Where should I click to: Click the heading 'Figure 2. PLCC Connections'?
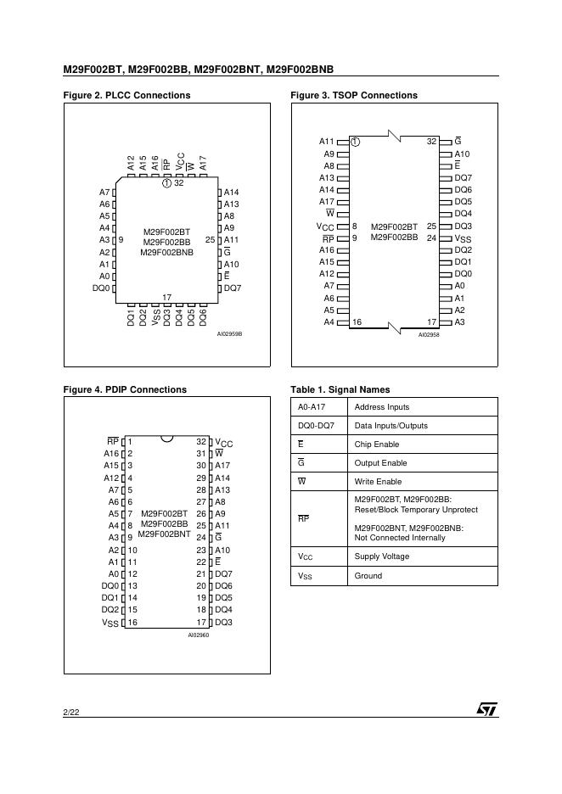tap(126, 95)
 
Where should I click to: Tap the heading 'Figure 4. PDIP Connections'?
tap(125, 389)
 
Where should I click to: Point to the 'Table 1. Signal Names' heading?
tap(340, 389)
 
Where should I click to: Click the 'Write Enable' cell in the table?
tap(378, 482)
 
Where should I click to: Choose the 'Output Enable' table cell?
tap(379, 463)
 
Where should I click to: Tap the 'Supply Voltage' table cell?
tap(381, 556)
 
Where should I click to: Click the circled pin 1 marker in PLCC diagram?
tap(166, 183)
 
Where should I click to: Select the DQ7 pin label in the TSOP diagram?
tap(463, 177)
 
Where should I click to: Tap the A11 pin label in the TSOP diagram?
tap(327, 141)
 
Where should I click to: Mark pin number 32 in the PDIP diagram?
tap(201, 442)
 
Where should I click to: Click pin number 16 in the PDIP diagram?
tap(132, 622)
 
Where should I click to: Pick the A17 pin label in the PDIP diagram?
tap(222, 466)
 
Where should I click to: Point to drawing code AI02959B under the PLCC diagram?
tap(229, 334)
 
